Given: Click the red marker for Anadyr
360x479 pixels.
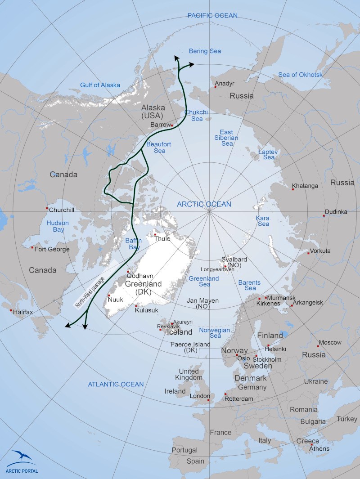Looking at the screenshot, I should click(x=216, y=87).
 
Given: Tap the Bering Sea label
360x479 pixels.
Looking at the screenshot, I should click(x=205, y=51).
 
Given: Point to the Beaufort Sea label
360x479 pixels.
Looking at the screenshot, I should click(x=156, y=148).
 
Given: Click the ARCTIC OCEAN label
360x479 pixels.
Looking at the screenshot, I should click(x=204, y=204).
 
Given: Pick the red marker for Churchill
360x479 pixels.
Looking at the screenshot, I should click(x=47, y=208).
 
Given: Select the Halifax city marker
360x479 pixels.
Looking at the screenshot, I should click(x=11, y=310).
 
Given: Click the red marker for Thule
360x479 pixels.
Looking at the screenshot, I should click(x=155, y=234).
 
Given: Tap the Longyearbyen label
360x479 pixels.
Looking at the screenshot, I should click(x=215, y=269).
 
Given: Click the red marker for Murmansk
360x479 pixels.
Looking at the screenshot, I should click(x=266, y=297).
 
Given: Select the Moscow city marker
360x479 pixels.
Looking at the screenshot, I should click(x=318, y=346).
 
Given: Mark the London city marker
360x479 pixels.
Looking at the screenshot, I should click(x=208, y=400).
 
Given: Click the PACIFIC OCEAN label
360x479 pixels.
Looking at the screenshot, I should click(x=212, y=16).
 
